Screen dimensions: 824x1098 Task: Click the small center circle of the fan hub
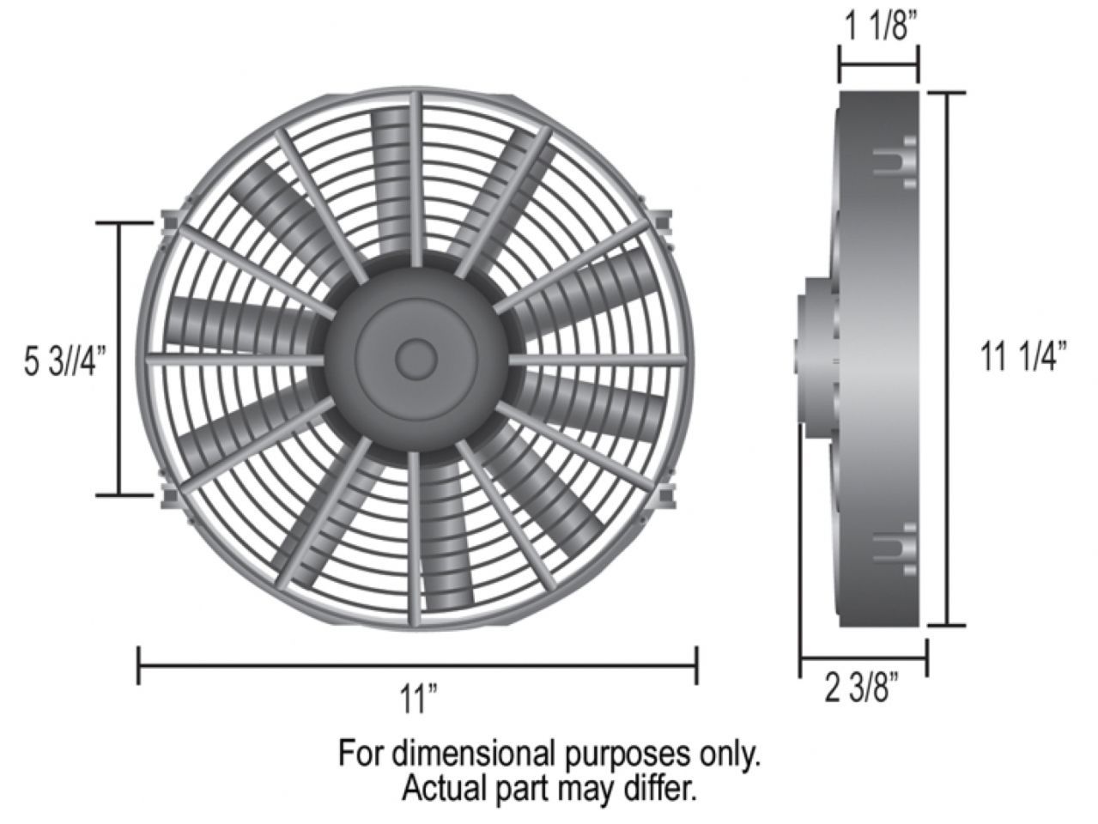(x=416, y=358)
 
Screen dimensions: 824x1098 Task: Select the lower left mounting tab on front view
(x=169, y=496)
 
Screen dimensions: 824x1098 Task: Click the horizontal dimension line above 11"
(x=417, y=665)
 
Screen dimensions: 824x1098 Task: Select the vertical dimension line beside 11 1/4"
(x=948, y=358)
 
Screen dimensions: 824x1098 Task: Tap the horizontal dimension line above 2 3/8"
(x=864, y=659)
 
